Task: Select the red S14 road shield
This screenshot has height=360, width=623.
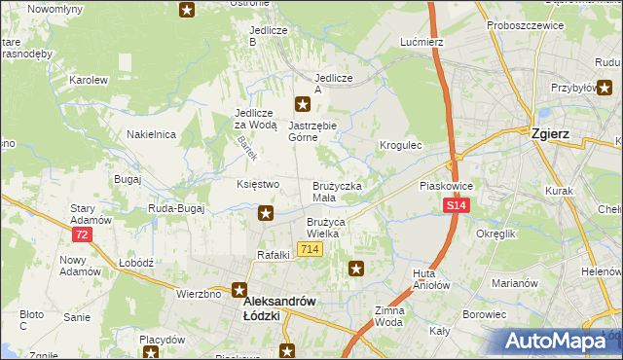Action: click(x=458, y=206)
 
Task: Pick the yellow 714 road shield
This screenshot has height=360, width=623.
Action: click(x=311, y=250)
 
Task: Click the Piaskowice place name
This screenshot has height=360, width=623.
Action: click(x=445, y=185)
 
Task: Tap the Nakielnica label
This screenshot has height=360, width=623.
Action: click(x=150, y=134)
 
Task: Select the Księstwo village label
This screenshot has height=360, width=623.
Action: click(x=258, y=184)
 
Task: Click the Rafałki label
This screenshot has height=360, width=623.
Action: click(x=274, y=255)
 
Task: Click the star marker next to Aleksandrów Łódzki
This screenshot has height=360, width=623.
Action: click(x=240, y=290)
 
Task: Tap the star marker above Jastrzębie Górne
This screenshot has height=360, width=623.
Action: click(x=304, y=104)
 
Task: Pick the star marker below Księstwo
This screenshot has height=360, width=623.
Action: click(x=265, y=213)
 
